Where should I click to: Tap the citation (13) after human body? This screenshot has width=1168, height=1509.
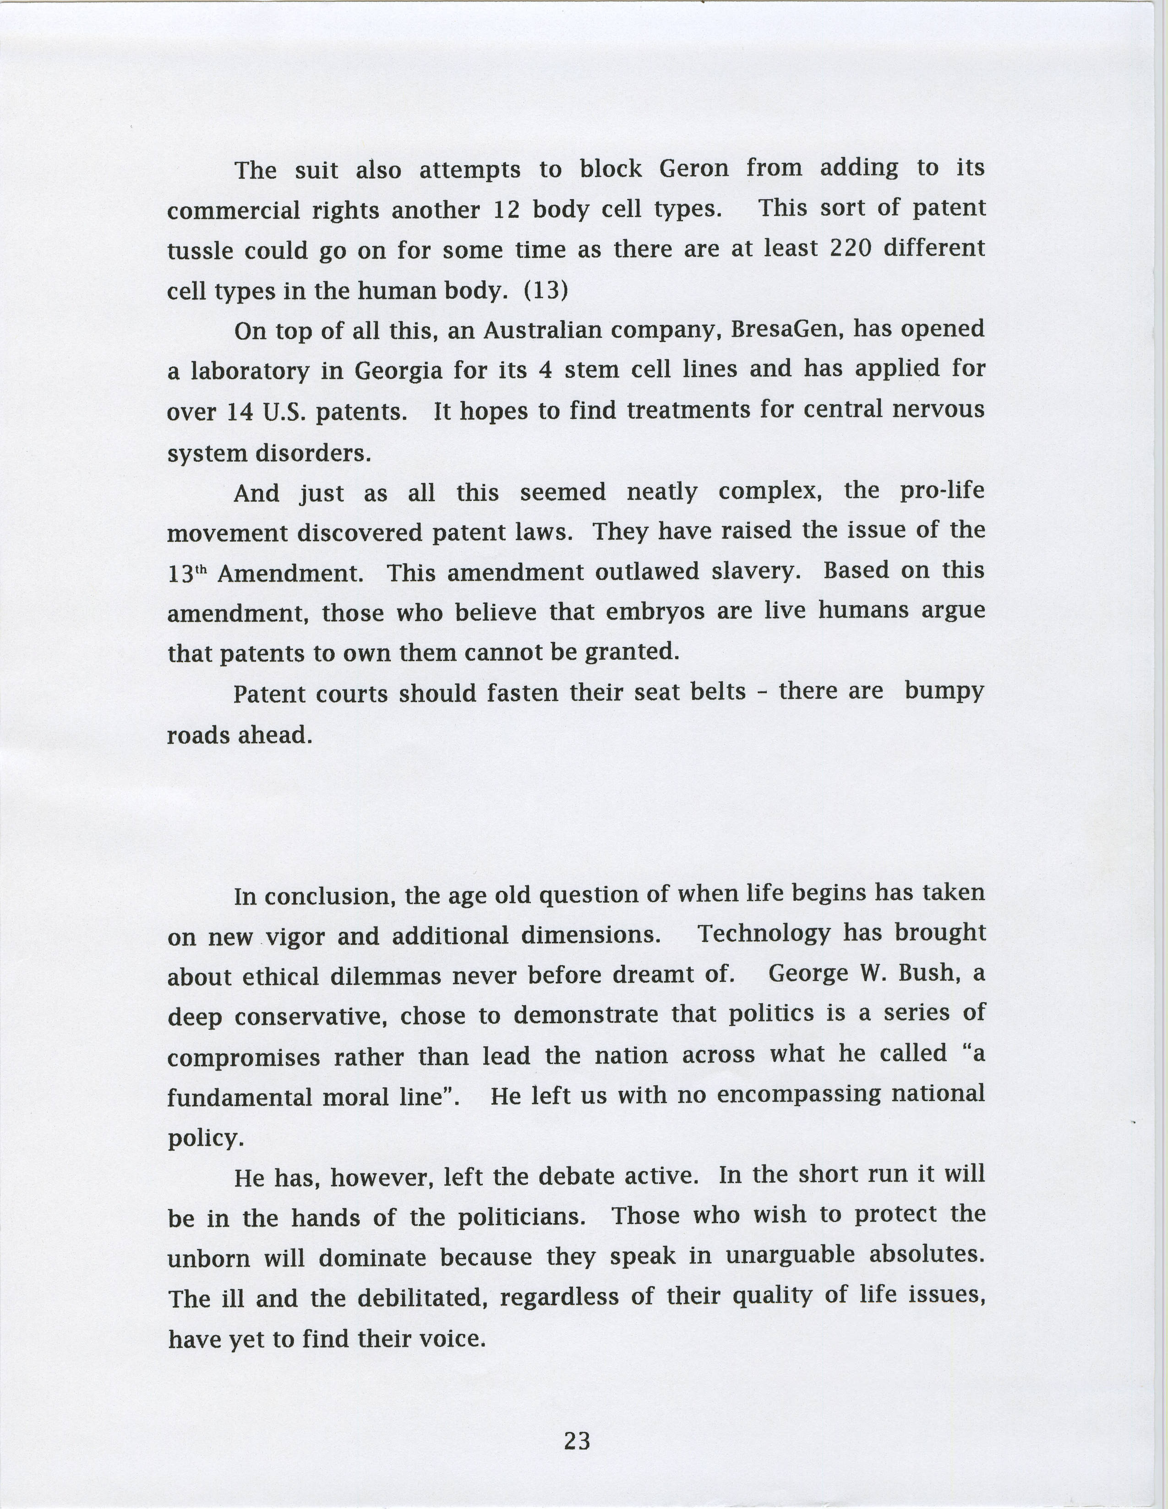546,289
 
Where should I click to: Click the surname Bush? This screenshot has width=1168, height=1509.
928,973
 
